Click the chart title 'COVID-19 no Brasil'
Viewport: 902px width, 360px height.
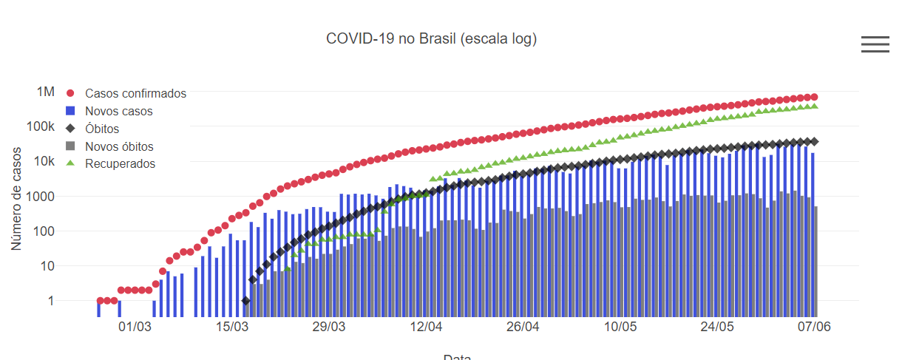pyautogui.click(x=431, y=38)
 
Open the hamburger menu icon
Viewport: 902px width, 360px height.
pyautogui.click(x=875, y=44)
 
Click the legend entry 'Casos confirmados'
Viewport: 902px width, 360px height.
pyautogui.click(x=135, y=94)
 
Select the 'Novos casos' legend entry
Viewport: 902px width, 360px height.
pyautogui.click(x=118, y=112)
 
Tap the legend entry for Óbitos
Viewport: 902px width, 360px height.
pyautogui.click(x=102, y=129)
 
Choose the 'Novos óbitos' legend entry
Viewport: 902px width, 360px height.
pyautogui.click(x=119, y=146)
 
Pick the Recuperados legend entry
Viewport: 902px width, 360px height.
pyautogui.click(x=120, y=164)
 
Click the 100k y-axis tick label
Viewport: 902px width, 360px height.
pyautogui.click(x=41, y=126)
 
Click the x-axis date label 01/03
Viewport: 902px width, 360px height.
pyautogui.click(x=135, y=326)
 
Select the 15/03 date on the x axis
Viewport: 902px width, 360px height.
pyautogui.click(x=232, y=326)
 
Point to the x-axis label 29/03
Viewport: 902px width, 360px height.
pyautogui.click(x=330, y=326)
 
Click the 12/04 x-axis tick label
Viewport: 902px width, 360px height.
pyautogui.click(x=427, y=326)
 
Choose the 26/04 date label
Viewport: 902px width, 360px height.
pyautogui.click(x=523, y=326)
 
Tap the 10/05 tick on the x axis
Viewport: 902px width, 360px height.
pyautogui.click(x=621, y=326)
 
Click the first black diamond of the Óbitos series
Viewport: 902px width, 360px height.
pyautogui.click(x=245, y=301)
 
